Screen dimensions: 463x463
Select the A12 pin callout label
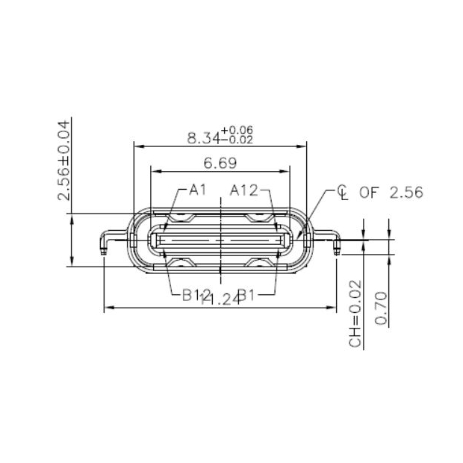[x=244, y=190]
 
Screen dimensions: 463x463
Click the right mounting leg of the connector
[x=334, y=240]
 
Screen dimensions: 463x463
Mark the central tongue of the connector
[x=220, y=241]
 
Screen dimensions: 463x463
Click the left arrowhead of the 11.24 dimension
[x=107, y=307]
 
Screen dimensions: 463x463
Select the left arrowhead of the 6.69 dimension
[x=155, y=170]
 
